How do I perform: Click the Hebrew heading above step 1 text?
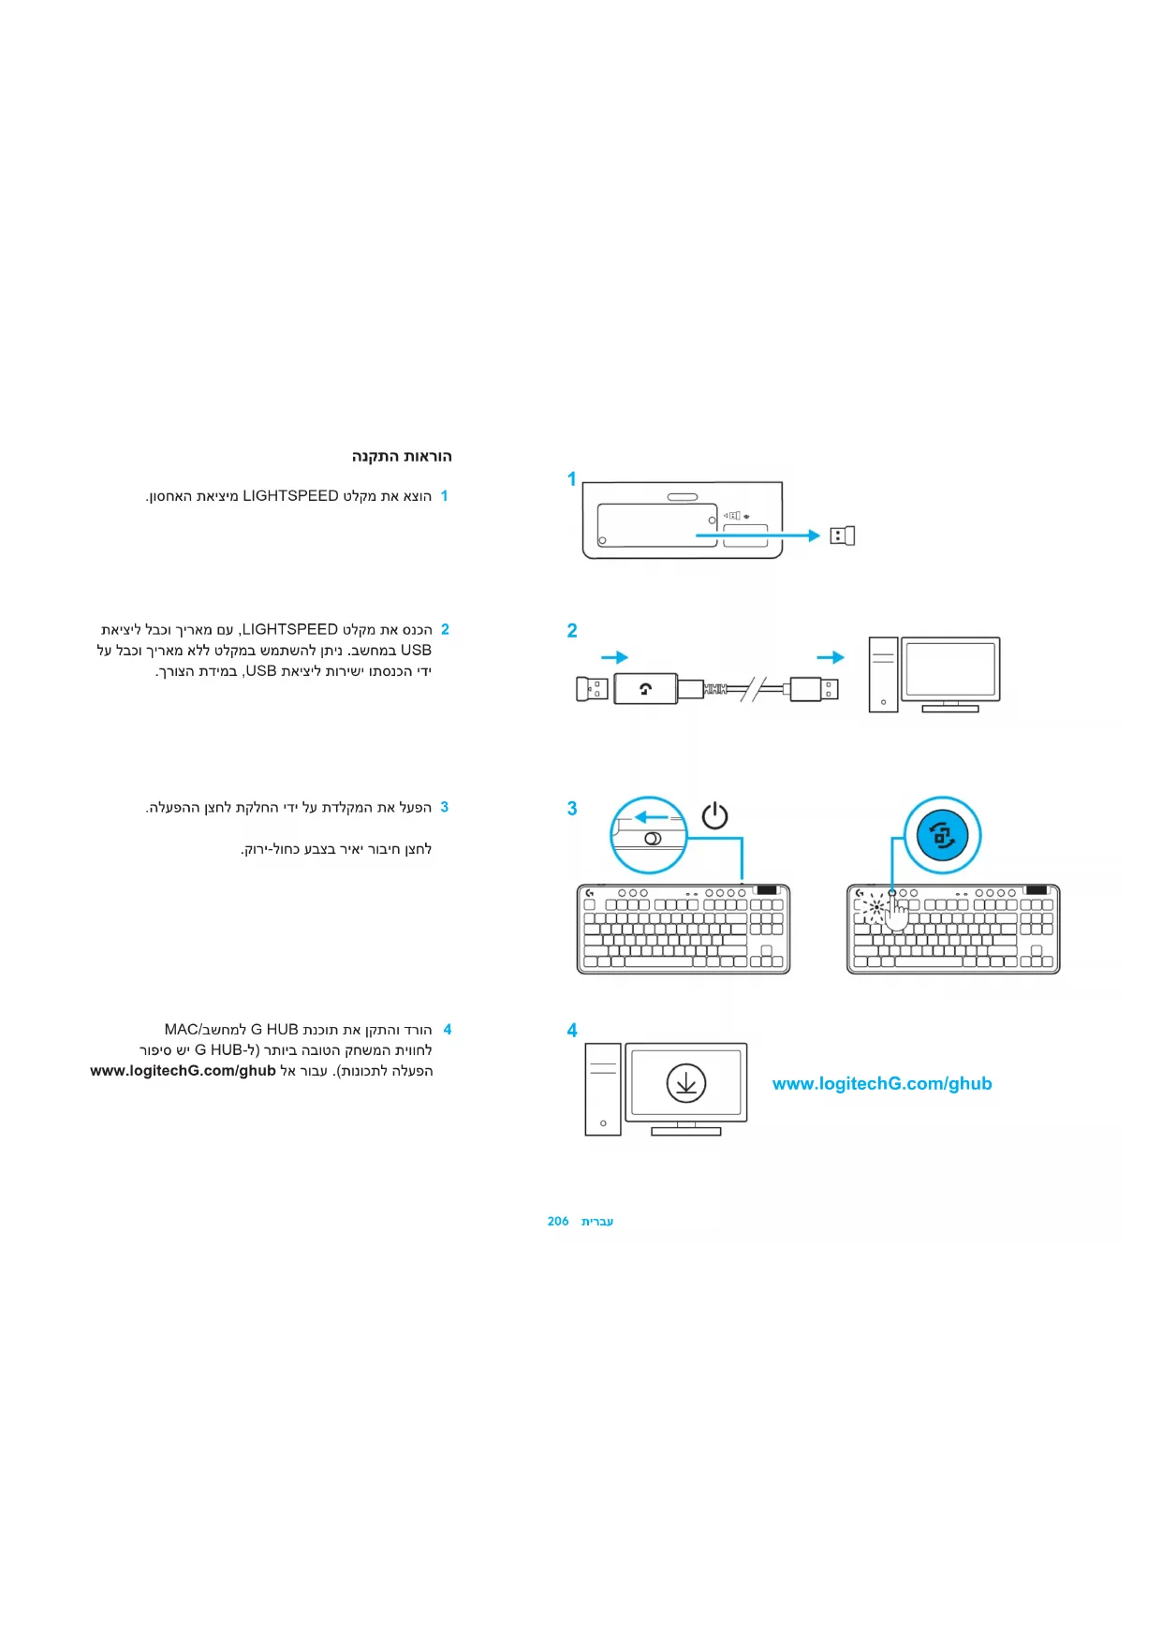click(402, 457)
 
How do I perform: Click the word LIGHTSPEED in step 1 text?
click(290, 496)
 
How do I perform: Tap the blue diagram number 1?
click(571, 479)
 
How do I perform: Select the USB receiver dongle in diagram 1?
click(842, 535)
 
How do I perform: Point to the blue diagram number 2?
click(571, 631)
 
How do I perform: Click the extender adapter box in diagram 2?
click(645, 689)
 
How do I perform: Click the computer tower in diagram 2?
click(882, 674)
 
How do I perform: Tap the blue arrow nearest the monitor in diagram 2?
click(831, 657)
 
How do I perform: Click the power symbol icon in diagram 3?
click(714, 816)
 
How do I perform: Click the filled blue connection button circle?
click(942, 835)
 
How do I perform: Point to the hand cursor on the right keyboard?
click(896, 914)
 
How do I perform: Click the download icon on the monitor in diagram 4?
click(685, 1083)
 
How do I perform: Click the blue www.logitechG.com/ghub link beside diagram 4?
click(881, 1084)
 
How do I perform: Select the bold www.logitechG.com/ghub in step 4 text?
click(183, 1071)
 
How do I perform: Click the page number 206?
click(558, 1222)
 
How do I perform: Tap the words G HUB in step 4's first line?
click(273, 1030)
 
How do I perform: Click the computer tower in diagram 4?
click(603, 1089)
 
